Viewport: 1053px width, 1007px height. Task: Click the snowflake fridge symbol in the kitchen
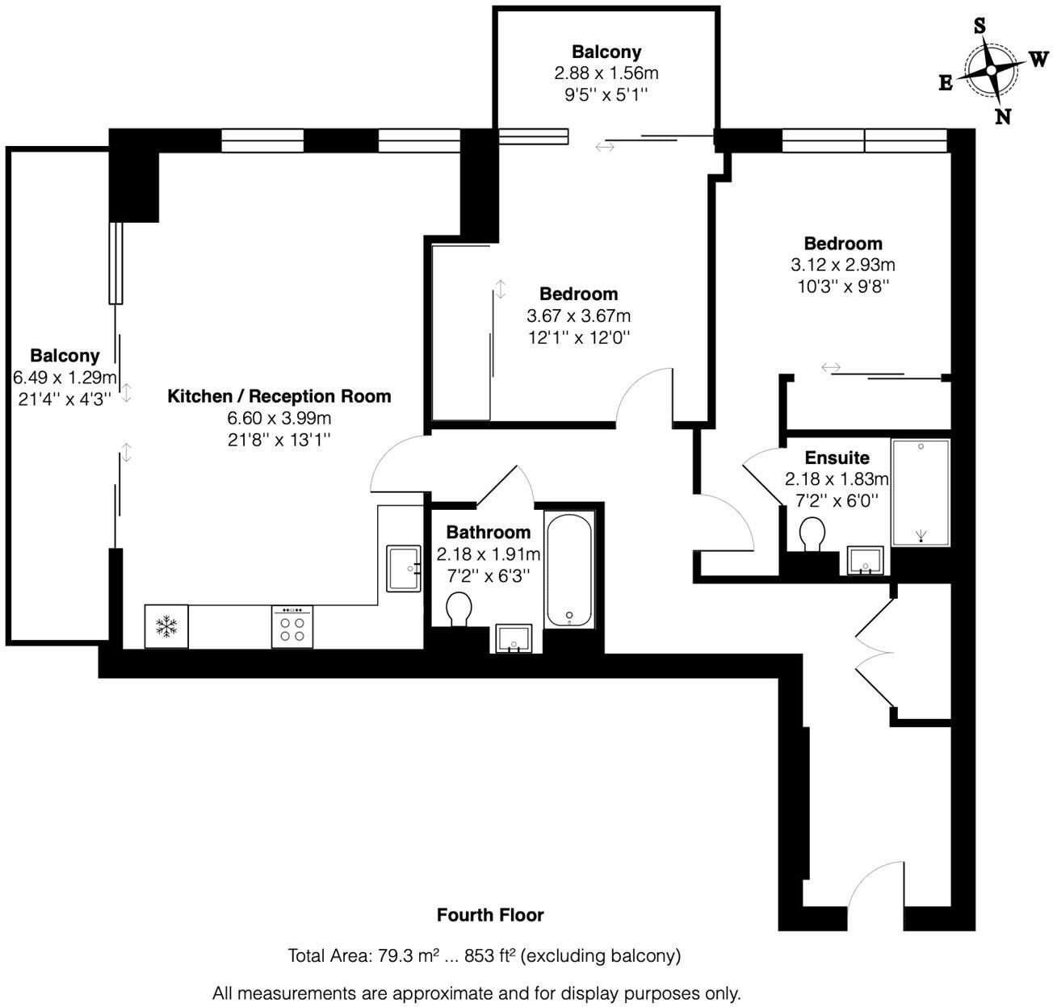166,626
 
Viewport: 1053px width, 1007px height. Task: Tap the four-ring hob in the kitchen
293,627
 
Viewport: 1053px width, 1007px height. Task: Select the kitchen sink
404,568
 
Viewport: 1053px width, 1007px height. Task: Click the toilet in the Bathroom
459,608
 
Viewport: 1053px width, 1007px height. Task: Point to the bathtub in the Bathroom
571,571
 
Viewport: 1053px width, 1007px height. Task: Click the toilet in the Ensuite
812,534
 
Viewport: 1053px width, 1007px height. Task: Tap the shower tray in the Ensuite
921,492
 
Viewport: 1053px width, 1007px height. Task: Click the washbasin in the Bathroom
514,637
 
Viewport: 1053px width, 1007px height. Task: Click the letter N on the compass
1002,116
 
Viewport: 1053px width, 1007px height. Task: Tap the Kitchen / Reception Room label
279,396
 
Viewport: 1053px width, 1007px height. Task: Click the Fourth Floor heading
490,915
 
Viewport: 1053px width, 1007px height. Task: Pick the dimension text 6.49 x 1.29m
65,377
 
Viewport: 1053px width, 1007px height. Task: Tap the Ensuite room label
837,458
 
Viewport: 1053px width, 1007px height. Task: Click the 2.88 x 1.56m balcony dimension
606,73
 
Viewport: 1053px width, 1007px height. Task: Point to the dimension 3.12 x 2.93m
842,264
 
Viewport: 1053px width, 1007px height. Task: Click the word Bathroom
489,532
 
